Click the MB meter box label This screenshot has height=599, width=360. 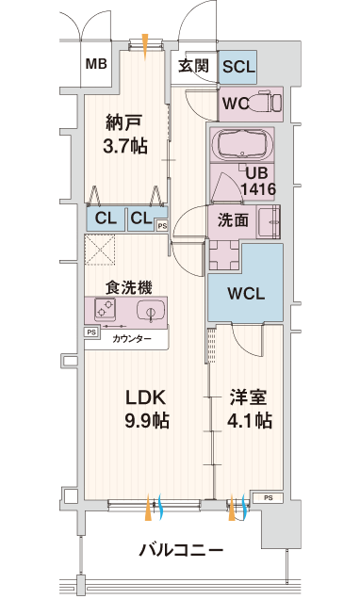(96, 64)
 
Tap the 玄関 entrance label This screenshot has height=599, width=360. (194, 66)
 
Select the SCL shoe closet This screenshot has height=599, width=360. (237, 67)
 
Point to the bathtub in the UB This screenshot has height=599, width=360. (242, 145)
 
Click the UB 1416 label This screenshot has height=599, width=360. (258, 181)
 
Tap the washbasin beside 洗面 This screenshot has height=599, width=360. (269, 221)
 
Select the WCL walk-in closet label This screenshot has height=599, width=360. (246, 294)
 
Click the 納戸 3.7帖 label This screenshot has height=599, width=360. (125, 134)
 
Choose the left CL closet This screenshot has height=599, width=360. (106, 219)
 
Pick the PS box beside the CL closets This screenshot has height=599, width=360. (162, 226)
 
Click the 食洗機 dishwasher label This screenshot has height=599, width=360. (129, 287)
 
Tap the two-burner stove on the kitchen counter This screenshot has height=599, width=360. (106, 309)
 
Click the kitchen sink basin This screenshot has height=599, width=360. (151, 310)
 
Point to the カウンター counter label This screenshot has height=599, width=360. (132, 338)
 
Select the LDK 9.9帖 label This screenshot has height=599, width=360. (147, 409)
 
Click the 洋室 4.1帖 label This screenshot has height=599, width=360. (249, 409)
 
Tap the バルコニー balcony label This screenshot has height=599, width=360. (181, 550)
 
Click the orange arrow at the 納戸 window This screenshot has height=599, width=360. (145, 46)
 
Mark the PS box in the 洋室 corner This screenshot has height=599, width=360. (269, 498)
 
